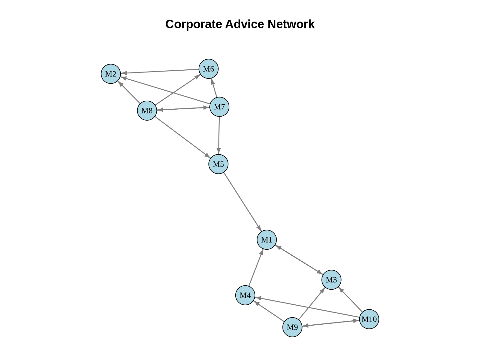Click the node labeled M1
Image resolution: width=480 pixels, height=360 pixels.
point(267,240)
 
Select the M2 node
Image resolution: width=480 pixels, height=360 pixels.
point(111,74)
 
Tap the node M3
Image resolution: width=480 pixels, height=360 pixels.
point(331,280)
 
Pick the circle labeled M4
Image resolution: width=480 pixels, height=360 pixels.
point(245,295)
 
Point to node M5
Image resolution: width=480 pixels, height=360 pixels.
point(218,164)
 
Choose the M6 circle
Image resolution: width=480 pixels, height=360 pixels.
point(208,69)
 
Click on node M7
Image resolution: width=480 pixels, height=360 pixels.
point(219,107)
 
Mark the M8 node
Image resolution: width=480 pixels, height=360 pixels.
point(147,111)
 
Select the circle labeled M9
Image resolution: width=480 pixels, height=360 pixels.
point(292,327)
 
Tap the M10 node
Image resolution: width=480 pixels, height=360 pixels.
point(369,319)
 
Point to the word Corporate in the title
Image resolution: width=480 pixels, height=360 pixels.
point(193,24)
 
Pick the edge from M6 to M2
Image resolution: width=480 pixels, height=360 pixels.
point(159,71)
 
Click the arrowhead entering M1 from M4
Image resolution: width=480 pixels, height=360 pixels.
point(262,252)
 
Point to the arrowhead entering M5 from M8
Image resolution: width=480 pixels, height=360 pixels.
point(207,156)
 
